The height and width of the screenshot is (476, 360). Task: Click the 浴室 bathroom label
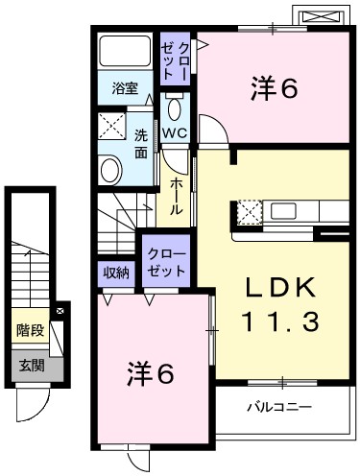coord(126,89)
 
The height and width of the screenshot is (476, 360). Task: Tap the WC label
coord(174,132)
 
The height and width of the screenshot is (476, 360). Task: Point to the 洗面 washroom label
coord(141,143)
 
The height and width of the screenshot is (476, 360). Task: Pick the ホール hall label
coord(178,196)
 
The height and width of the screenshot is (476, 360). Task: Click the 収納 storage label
coord(117,273)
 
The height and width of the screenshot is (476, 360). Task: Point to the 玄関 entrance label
coord(30,365)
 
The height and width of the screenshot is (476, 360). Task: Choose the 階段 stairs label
coord(30,331)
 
